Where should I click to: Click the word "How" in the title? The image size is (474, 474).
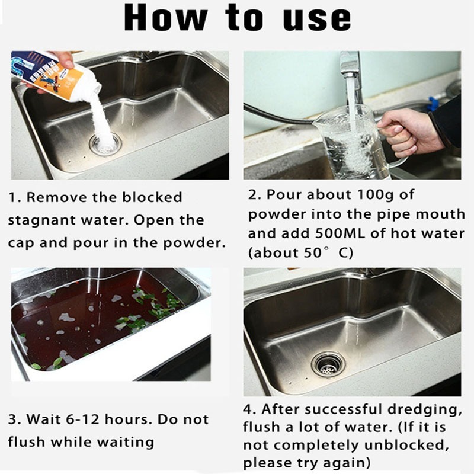(x=166, y=17)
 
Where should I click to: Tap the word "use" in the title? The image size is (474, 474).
(x=317, y=19)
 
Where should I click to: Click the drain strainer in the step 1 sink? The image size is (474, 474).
(x=105, y=144)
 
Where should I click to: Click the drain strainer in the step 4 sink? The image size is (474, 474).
(x=329, y=364)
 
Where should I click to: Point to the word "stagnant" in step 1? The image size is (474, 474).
(x=41, y=220)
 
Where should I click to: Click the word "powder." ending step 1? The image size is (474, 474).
(x=194, y=244)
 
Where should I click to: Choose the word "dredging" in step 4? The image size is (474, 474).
(x=424, y=410)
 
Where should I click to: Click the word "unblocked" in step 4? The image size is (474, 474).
(x=406, y=445)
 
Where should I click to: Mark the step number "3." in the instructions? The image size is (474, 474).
(x=15, y=419)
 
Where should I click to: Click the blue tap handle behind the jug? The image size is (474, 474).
(x=434, y=102)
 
